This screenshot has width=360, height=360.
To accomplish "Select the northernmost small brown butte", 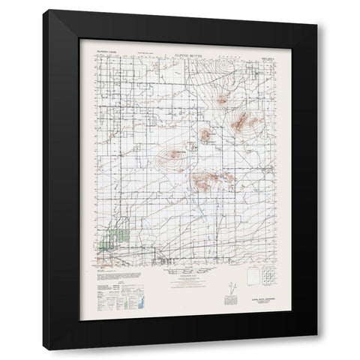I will [223, 98].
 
